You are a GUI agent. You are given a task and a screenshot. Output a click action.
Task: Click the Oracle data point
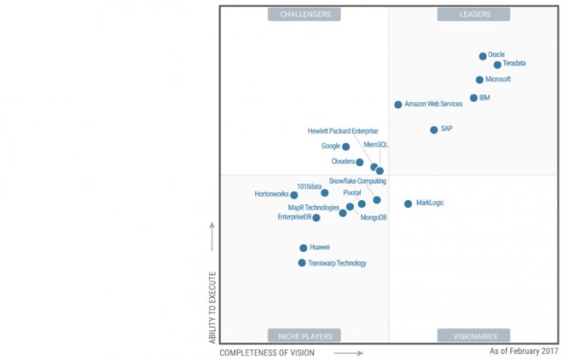click(x=482, y=56)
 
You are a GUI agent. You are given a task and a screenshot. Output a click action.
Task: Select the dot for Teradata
click(x=497, y=65)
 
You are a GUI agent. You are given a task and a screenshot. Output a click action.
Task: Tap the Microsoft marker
click(x=480, y=80)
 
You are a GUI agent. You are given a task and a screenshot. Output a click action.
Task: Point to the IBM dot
click(x=474, y=98)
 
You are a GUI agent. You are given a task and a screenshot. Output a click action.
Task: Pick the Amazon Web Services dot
click(x=398, y=105)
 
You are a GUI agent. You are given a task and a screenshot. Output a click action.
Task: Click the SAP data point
click(x=433, y=130)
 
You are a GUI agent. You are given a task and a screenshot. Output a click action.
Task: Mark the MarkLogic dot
click(x=408, y=204)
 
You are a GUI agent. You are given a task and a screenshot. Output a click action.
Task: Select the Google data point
click(x=346, y=147)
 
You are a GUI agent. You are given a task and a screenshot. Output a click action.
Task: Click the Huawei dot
click(x=303, y=248)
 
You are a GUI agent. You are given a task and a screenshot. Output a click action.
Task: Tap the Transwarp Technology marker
click(x=302, y=263)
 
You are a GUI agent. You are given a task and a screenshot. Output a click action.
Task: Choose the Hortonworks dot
click(x=294, y=195)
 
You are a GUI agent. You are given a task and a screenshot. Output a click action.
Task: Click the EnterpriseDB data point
click(x=316, y=218)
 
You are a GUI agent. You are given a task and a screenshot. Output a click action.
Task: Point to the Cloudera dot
click(x=360, y=163)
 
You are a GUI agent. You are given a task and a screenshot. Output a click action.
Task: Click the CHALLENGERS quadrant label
click(x=305, y=15)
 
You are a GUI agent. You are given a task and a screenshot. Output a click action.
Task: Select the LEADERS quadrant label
click(x=474, y=15)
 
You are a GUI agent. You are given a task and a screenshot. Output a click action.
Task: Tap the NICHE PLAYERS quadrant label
click(x=305, y=336)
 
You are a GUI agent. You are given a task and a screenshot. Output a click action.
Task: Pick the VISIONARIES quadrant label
click(x=474, y=336)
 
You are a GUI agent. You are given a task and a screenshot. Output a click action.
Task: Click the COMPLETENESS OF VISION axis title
click(x=267, y=352)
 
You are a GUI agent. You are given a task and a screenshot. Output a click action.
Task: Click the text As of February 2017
click(x=523, y=350)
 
